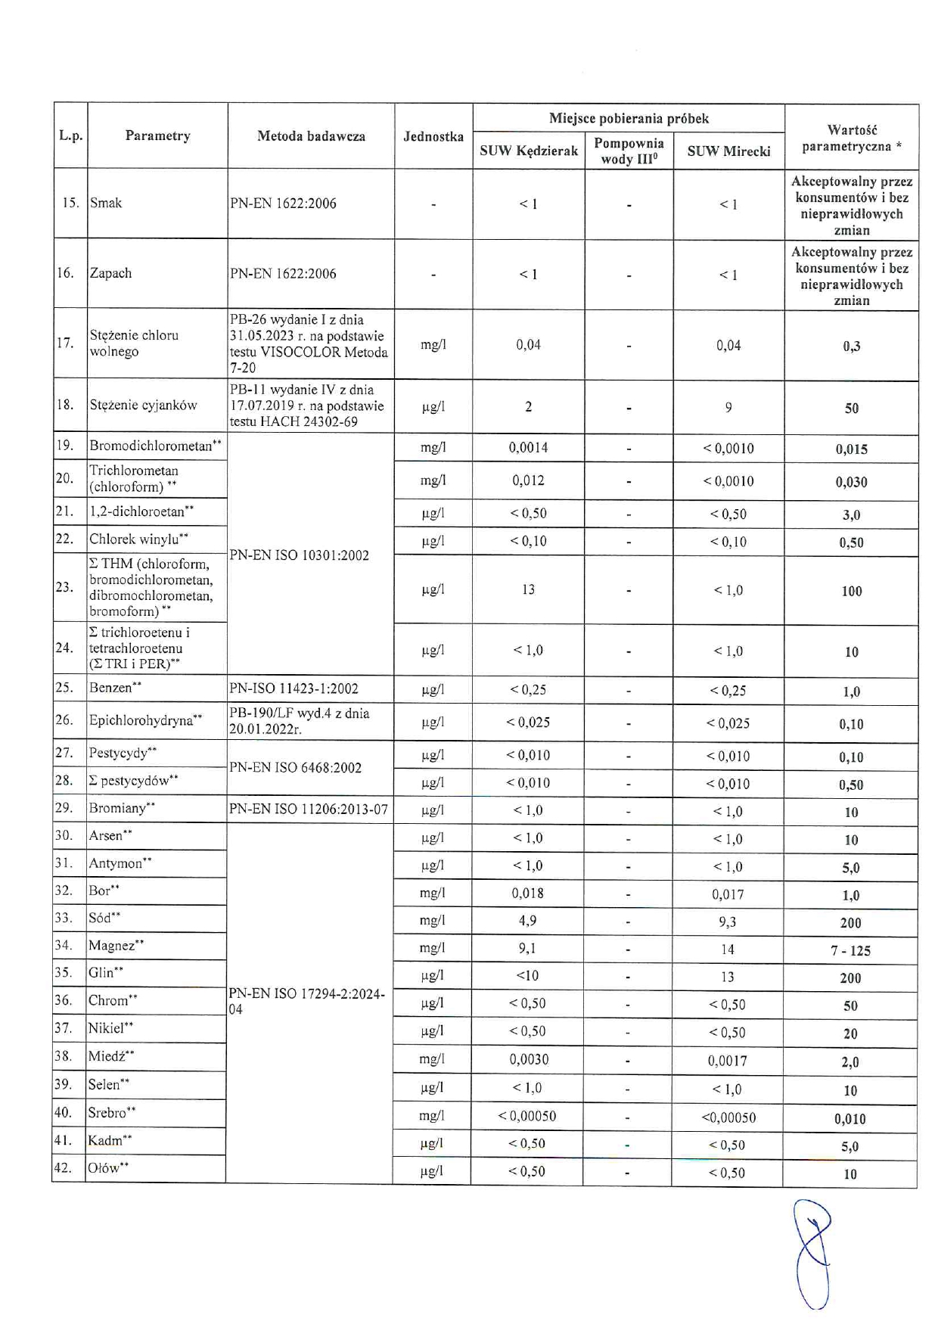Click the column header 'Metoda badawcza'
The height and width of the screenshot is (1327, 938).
click(x=311, y=136)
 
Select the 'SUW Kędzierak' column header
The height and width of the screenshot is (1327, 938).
click(x=529, y=151)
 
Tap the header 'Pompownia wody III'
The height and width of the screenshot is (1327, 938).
click(x=629, y=151)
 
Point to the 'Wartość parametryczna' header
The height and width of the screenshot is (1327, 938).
click(x=851, y=138)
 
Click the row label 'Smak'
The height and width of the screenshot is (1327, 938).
click(x=106, y=203)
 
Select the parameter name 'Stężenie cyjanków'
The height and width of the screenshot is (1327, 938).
click(x=143, y=406)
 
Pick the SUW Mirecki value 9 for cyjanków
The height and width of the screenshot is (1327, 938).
click(x=728, y=408)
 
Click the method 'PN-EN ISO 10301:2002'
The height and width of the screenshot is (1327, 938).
click(x=300, y=555)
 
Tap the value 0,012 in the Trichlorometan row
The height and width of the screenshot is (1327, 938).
click(x=528, y=480)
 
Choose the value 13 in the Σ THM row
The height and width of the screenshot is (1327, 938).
click(x=528, y=589)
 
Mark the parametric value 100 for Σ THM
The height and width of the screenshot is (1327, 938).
click(x=852, y=592)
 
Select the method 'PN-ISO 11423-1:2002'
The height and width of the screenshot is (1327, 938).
click(x=294, y=688)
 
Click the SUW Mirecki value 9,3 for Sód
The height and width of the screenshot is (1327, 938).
click(x=728, y=922)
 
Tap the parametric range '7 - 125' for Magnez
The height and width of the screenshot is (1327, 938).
click(x=850, y=950)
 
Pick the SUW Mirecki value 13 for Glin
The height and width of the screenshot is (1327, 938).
click(x=728, y=977)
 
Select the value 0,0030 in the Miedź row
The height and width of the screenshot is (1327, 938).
click(x=529, y=1059)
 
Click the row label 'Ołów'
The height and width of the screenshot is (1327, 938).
click(x=107, y=1168)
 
